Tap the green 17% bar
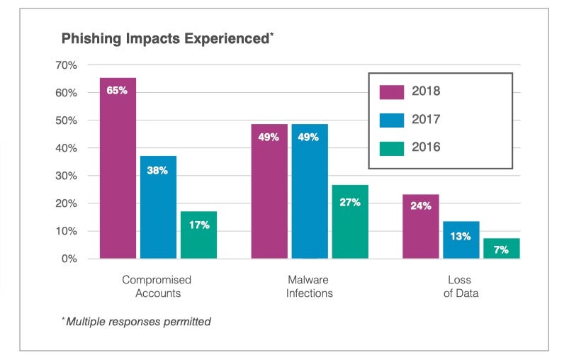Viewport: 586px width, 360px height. [198, 235]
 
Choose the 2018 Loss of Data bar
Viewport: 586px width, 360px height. [421, 226]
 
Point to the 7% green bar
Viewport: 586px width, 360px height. [501, 248]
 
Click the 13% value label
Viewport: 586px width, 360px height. [461, 236]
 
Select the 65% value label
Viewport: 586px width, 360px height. [117, 90]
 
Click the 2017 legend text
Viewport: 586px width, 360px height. [426, 120]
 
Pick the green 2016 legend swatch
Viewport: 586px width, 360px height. [392, 148]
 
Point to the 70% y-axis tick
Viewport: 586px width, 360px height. [67, 65]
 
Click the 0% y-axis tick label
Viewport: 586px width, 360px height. [69, 259]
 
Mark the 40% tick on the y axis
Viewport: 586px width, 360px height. [67, 148]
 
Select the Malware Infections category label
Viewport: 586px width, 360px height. [310, 286]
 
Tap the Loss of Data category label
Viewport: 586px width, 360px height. [461, 286]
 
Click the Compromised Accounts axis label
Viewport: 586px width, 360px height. [157, 286]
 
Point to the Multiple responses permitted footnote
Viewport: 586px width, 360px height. [137, 322]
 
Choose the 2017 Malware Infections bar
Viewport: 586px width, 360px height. [310, 191]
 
